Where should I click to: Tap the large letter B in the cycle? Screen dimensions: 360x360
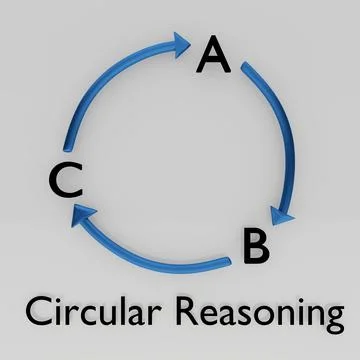pyautogui.click(x=255, y=246)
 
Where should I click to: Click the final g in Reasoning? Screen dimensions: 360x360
pyautogui.click(x=331, y=320)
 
